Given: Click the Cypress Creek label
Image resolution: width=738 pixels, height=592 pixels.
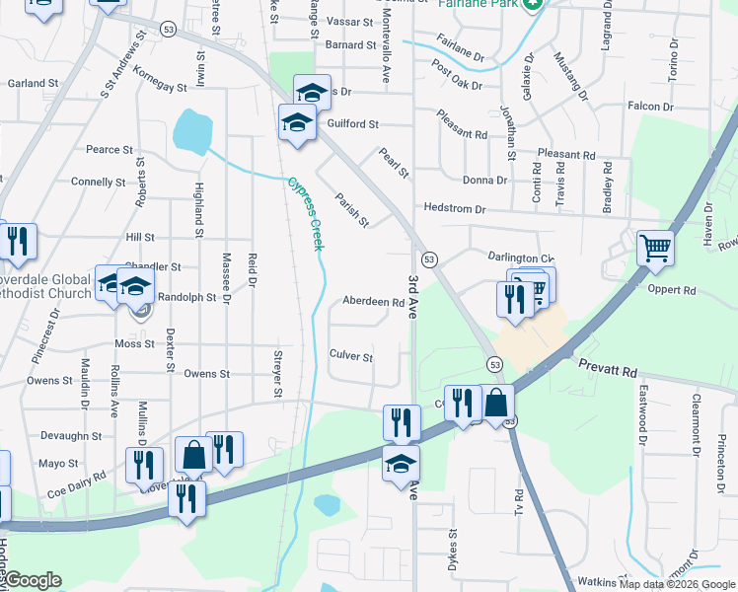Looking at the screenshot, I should coord(306,213).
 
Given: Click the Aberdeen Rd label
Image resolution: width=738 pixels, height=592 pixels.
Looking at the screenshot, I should coord(374,303).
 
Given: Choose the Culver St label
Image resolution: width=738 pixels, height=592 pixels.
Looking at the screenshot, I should coord(351,356).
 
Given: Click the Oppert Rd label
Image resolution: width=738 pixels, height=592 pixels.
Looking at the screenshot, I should coord(672,291).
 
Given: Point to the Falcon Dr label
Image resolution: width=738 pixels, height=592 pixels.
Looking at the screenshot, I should coord(650,107).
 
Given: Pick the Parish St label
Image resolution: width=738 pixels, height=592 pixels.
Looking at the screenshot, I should coord(351,209).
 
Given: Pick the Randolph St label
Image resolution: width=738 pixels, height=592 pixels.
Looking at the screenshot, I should coord(186,296).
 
